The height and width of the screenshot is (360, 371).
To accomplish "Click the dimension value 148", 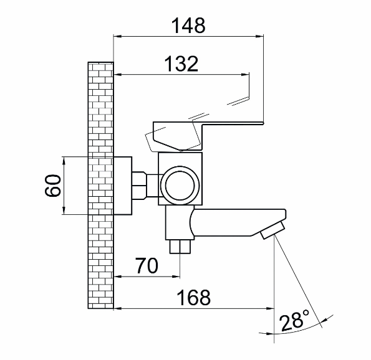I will (x=187, y=26).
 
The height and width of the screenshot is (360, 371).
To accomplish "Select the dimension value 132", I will (x=181, y=64).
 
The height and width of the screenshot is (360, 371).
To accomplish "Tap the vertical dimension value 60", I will (x=54, y=186).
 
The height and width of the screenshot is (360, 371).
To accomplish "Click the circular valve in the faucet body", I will (x=180, y=185).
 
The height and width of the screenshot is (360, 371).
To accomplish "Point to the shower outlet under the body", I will (x=180, y=247).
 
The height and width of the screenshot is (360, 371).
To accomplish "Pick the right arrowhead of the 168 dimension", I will (x=272, y=307).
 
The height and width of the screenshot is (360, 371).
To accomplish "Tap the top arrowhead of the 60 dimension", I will (x=65, y=158).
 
